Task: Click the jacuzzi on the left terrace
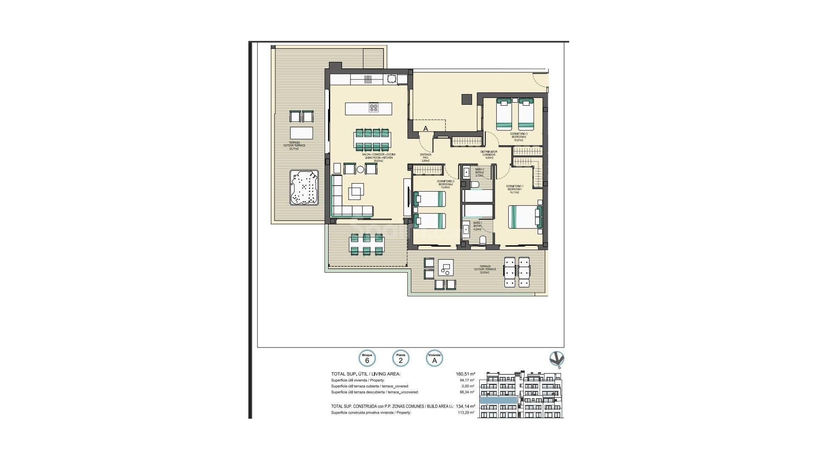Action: tap(304, 188)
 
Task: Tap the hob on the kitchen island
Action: tap(374, 108)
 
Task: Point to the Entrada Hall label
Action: tap(426, 158)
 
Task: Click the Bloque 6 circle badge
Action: tap(367, 359)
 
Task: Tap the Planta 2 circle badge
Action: tap(400, 359)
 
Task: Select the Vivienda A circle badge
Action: tap(435, 359)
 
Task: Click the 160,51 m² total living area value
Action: tap(465, 374)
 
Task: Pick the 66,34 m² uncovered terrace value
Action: tap(467, 392)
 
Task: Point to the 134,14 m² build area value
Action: tap(465, 406)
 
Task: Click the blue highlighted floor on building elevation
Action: tap(498, 400)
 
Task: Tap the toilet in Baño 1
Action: tap(483, 240)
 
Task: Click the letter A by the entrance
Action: tap(425, 128)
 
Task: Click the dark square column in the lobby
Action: tap(467, 99)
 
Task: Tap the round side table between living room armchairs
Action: tap(360, 170)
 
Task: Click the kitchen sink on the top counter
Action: tap(368, 79)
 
